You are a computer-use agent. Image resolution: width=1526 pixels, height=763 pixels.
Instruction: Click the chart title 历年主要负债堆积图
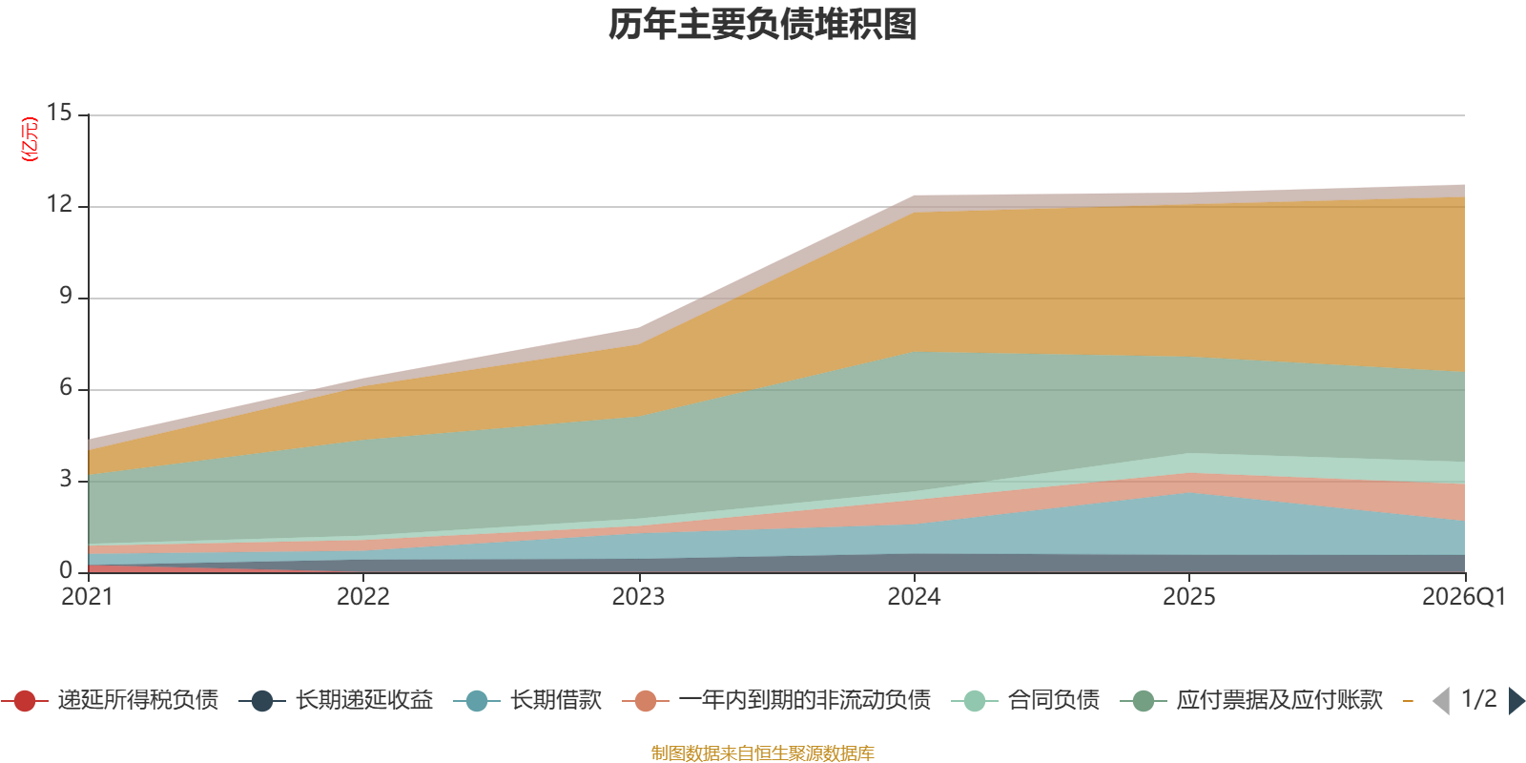pyautogui.click(x=762, y=25)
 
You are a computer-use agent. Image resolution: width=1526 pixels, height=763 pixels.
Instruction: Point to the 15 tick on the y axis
pyautogui.click(x=59, y=113)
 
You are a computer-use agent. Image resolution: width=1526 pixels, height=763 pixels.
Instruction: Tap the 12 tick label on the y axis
pyautogui.click(x=59, y=204)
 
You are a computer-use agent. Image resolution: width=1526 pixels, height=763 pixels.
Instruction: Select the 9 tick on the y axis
pyautogui.click(x=66, y=296)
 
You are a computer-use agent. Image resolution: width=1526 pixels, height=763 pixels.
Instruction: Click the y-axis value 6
pyautogui.click(x=66, y=387)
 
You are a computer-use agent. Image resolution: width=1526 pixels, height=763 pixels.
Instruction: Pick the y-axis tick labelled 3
pyautogui.click(x=66, y=479)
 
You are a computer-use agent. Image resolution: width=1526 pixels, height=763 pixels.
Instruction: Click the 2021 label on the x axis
pyautogui.click(x=87, y=597)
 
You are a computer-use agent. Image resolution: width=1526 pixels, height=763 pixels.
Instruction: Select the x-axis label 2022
pyautogui.click(x=363, y=597)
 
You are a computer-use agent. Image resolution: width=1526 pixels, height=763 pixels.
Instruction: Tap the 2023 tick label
pyautogui.click(x=638, y=597)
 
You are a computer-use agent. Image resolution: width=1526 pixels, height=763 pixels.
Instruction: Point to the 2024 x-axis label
pyautogui.click(x=914, y=597)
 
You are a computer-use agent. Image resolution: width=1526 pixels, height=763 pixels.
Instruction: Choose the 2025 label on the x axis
pyautogui.click(x=1188, y=597)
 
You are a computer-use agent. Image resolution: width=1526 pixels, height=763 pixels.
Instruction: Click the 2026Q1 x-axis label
pyautogui.click(x=1464, y=597)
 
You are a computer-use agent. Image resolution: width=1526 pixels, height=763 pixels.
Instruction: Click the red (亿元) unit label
pyautogui.click(x=30, y=139)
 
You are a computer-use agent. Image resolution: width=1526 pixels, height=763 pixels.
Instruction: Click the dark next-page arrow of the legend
pyautogui.click(x=1516, y=700)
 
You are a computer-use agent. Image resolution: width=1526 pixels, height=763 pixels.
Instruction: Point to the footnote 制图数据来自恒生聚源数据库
pyautogui.click(x=762, y=753)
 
